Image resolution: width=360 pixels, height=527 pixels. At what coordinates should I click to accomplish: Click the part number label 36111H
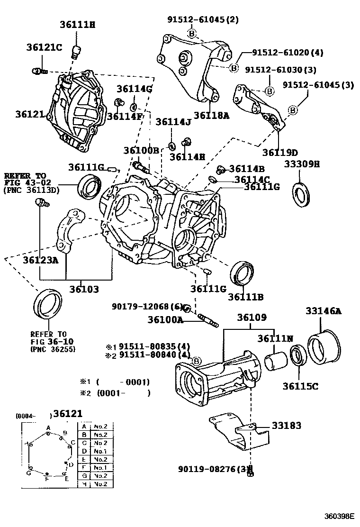click(x=78, y=25)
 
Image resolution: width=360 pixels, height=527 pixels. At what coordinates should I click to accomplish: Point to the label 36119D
click(x=279, y=152)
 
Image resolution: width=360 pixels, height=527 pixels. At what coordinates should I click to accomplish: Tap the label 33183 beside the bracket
click(x=286, y=426)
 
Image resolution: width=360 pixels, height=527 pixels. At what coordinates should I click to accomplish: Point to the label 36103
click(x=85, y=289)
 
